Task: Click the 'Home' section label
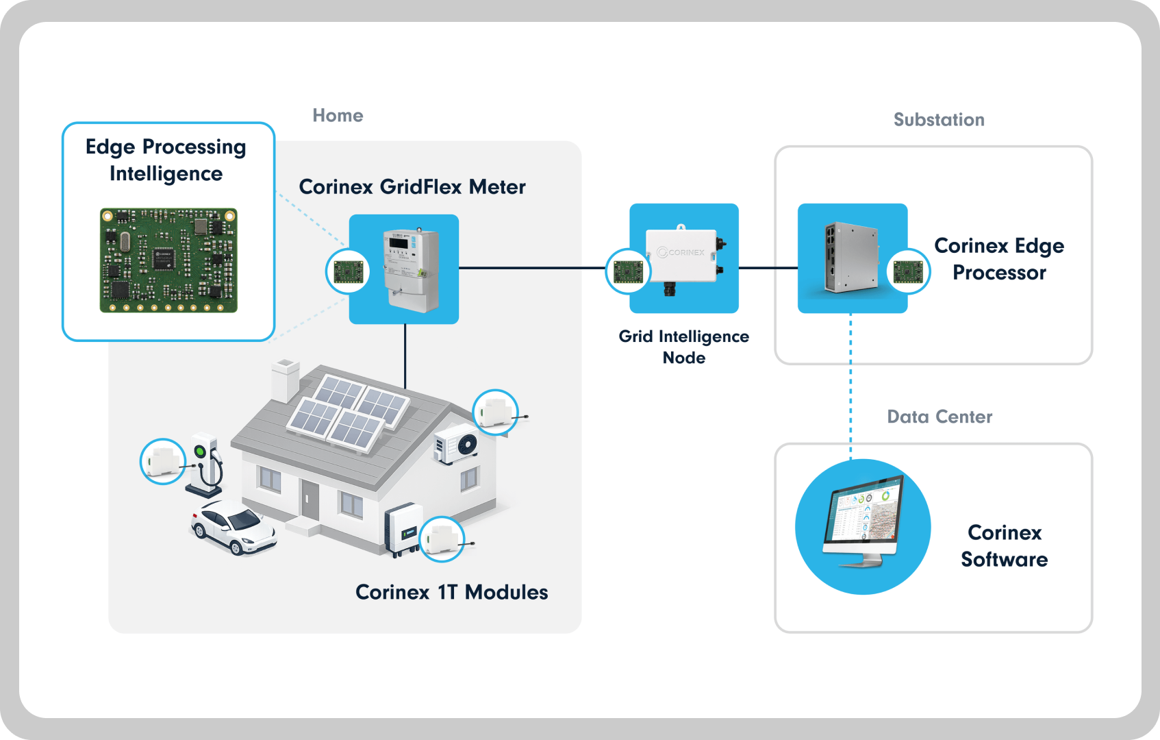[338, 115]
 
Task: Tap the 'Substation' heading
[939, 120]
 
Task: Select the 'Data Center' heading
[940, 417]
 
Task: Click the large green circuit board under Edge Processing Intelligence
[168, 260]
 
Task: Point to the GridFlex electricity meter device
[411, 271]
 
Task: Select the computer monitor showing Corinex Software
[863, 521]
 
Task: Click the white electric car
[233, 526]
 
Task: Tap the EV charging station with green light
[205, 465]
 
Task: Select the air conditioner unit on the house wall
[456, 444]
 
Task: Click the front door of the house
[310, 500]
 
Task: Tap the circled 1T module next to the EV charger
[162, 461]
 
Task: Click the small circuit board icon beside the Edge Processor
[908, 271]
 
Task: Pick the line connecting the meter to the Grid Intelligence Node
[532, 268]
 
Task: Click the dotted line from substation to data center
[850, 386]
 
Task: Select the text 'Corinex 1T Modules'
[451, 592]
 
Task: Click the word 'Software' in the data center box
[1004, 559]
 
